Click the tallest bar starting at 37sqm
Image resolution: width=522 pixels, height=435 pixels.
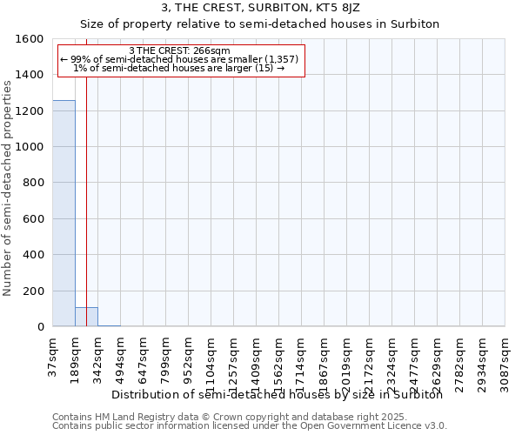[x=64, y=213]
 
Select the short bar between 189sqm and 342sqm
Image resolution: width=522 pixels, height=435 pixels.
[x=86, y=317]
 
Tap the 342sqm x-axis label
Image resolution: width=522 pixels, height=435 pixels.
[x=98, y=354]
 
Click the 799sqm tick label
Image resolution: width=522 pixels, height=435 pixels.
[x=166, y=354]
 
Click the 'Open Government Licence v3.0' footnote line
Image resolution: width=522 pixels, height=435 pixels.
[x=250, y=425]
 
